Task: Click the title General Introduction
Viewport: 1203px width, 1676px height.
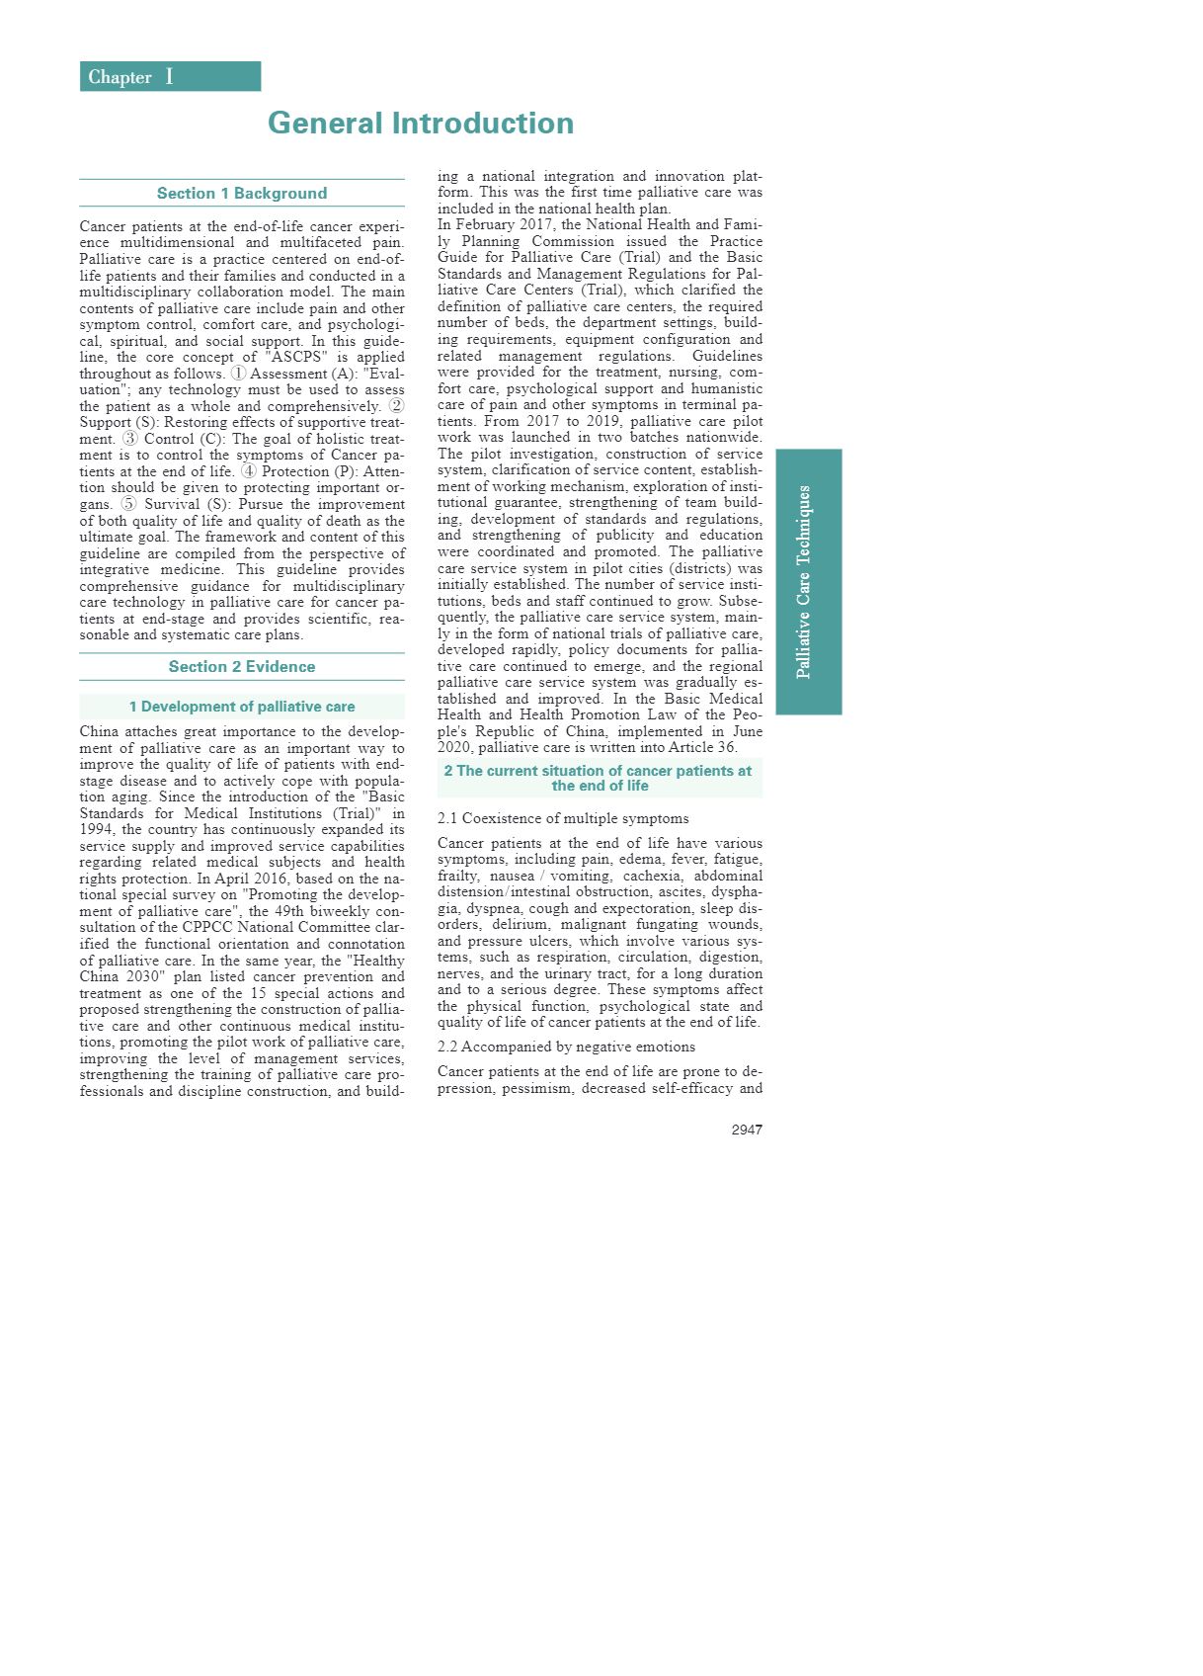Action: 420,124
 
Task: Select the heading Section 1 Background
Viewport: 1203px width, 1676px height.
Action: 242,194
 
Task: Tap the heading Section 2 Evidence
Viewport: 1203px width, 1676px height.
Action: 242,667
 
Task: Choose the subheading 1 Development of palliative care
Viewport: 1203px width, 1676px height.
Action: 242,707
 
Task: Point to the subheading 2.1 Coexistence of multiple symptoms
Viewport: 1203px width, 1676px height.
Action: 563,818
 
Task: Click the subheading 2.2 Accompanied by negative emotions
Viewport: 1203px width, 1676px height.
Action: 566,1047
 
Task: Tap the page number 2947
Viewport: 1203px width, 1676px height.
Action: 747,1130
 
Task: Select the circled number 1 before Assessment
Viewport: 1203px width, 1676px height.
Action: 238,374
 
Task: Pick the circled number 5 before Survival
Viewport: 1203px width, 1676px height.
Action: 128,504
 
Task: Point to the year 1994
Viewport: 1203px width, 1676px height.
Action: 96,830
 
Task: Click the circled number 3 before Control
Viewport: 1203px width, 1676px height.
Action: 129,439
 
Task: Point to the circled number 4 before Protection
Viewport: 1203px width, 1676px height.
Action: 248,471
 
